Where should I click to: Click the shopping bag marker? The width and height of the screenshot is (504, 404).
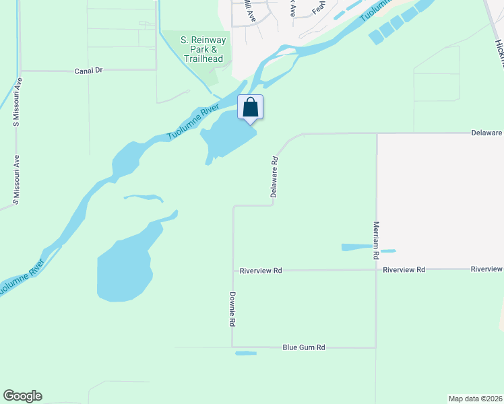pos(250,108)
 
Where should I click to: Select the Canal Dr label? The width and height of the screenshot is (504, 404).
pos(88,70)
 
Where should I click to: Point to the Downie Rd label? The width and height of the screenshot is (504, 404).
pos(232,310)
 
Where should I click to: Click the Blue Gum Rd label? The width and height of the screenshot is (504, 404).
pos(304,347)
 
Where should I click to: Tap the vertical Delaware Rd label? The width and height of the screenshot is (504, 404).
pos(274,178)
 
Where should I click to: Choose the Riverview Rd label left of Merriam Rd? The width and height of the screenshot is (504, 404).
pos(261,270)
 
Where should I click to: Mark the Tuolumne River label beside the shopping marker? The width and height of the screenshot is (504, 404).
pos(194,123)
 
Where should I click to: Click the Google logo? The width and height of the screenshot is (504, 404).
pos(22,396)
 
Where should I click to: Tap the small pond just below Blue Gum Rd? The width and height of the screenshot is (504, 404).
pos(245,353)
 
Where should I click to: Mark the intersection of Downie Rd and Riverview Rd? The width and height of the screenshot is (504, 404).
pos(233,270)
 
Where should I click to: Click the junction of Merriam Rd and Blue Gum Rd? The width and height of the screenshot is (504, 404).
pos(376,347)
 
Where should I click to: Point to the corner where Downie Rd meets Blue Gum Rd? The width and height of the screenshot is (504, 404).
pos(233,347)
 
